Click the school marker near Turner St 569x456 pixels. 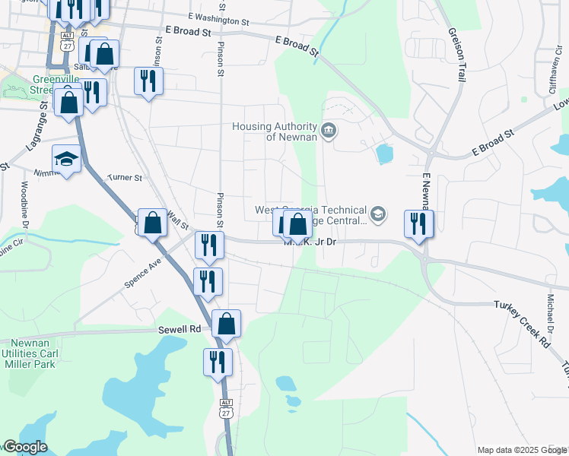coord(66,160)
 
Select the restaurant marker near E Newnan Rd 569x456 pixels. coord(418,223)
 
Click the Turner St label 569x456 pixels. coord(125,178)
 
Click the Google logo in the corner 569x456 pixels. coord(24,447)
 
